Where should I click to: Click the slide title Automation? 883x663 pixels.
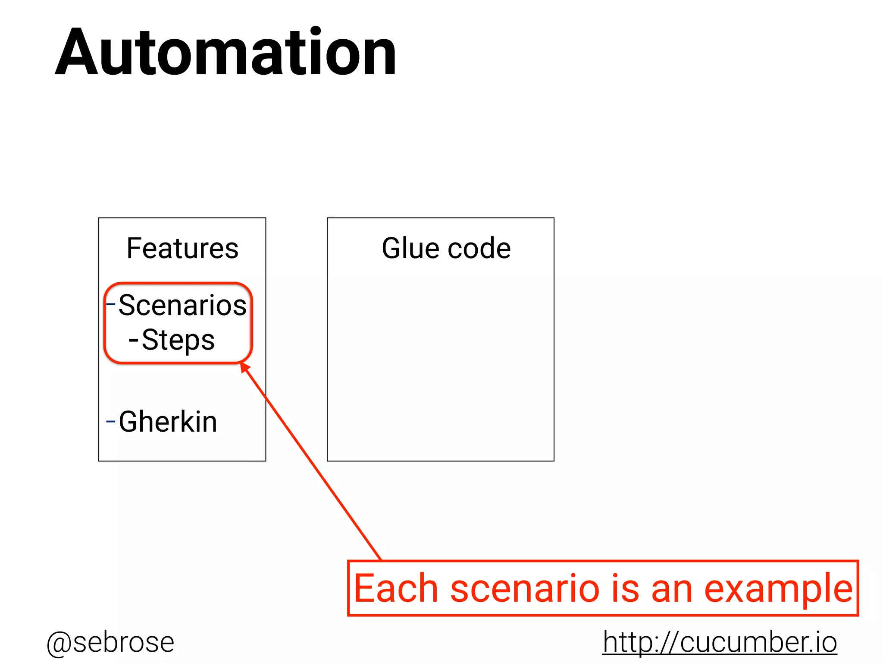pos(225,52)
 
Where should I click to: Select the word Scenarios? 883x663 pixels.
pos(182,305)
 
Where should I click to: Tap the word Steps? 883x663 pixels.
pos(178,340)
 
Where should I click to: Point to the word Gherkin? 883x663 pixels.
pos(168,422)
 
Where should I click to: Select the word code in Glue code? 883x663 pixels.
pos(479,249)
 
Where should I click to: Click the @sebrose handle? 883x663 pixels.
pos(110,642)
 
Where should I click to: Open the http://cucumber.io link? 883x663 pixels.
pos(720,642)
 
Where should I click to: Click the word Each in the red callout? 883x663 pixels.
pos(396,588)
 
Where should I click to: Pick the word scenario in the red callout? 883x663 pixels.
pos(525,588)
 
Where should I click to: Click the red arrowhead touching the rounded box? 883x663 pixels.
pos(244,367)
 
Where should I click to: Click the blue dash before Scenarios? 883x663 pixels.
pos(111,304)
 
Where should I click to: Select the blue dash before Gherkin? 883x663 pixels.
pos(111,421)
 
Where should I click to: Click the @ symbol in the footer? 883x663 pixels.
pos(59,643)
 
